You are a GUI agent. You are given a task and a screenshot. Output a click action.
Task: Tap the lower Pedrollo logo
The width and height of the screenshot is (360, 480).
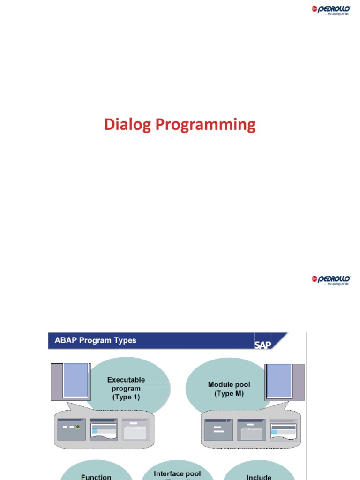tap(331, 280)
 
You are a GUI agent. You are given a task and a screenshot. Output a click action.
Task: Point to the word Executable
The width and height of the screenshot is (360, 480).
tap(126, 380)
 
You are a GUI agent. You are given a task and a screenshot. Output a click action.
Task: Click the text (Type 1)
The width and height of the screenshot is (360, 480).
tap(126, 397)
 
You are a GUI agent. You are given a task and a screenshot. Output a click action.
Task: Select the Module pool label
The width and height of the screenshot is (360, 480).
tap(229, 384)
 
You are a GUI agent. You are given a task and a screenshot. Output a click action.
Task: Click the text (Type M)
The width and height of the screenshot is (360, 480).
tap(229, 393)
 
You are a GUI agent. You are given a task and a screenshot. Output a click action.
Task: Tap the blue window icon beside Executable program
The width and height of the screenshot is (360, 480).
tap(75, 380)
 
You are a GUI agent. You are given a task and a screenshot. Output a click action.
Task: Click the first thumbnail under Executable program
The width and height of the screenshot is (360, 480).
tap(71, 428)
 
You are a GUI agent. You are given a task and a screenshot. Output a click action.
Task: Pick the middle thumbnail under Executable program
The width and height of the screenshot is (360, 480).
tap(104, 428)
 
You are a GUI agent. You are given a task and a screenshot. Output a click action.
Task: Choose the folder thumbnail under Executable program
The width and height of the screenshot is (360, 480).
tap(136, 429)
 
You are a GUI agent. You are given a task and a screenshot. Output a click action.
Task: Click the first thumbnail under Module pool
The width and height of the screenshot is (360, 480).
tap(219, 429)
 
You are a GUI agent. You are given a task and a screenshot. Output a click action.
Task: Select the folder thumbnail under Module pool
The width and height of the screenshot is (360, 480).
tap(251, 429)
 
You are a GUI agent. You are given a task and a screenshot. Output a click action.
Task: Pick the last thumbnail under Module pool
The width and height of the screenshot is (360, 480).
tap(284, 429)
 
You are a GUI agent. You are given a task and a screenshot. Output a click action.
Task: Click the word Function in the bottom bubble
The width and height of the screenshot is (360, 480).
tap(96, 477)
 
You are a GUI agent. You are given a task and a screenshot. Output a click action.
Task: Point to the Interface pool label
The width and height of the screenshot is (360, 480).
tap(177, 474)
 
